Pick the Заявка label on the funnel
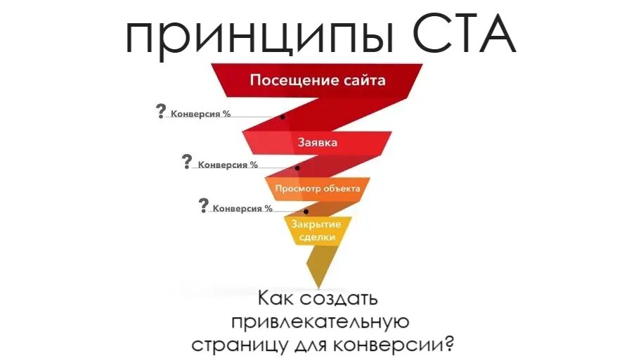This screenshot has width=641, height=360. [318, 142]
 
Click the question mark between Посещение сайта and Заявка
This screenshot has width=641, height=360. [162, 111]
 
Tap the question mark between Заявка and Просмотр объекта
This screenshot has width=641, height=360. [186, 162]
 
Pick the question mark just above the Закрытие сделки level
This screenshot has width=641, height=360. [204, 205]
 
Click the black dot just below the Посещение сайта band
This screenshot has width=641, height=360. [283, 117]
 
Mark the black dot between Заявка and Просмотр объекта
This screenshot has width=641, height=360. [297, 168]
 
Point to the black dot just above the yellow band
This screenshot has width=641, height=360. [306, 211]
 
